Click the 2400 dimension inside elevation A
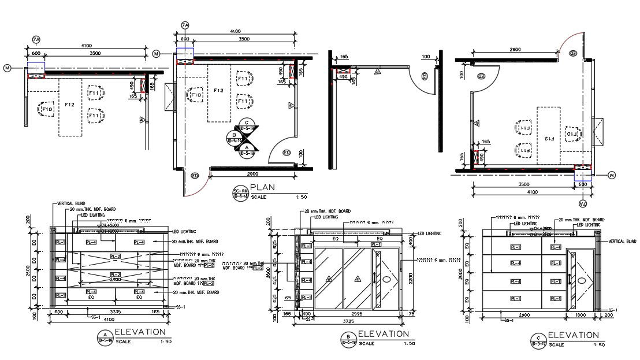pos(116,279)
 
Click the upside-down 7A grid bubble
pos(582,204)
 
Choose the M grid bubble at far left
pos(8,68)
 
